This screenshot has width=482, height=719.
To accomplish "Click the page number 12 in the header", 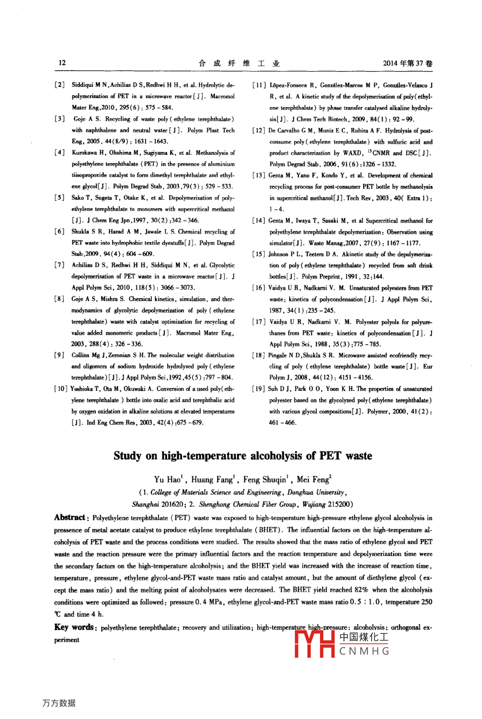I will (62, 63).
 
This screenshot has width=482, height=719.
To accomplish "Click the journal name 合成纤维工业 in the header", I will (239, 63).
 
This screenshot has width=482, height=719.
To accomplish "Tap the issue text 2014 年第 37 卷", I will (407, 63).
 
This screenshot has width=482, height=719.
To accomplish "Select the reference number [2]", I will (59, 85).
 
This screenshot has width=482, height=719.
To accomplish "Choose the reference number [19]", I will (259, 389).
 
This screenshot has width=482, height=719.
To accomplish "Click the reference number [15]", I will (259, 254).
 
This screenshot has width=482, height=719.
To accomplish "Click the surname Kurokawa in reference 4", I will (84, 153).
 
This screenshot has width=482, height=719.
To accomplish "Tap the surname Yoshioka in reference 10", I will (82, 389).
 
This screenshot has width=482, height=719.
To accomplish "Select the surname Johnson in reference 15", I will (278, 254).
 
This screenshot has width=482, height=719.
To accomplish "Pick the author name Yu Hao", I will (167, 480).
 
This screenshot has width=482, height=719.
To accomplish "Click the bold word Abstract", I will (69, 518).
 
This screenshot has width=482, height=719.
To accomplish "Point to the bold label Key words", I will (75, 627).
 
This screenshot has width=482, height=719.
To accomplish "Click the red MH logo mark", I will (314, 644).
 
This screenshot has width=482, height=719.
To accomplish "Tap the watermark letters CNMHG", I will (364, 651).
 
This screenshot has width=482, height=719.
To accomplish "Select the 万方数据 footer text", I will (58, 703).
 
